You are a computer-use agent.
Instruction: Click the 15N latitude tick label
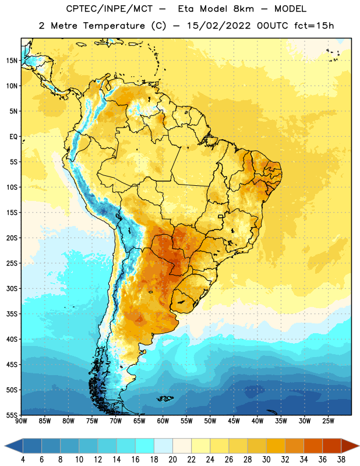pos(12,61)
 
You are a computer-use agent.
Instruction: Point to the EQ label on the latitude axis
pos(13,137)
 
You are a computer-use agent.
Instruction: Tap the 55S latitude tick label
pos(12,415)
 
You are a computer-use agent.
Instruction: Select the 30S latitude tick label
pos(12,288)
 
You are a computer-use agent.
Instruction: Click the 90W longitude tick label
pos(22,421)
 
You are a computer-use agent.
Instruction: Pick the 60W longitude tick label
pos(163,421)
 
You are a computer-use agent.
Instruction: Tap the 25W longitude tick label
pos(328,421)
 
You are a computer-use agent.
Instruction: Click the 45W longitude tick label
pos(234,421)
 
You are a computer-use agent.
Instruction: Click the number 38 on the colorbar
pos(341,460)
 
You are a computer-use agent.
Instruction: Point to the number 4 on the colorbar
pos(23,460)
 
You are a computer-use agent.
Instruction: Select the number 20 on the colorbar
pos(172,460)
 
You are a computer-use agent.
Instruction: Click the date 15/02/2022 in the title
pos(218,26)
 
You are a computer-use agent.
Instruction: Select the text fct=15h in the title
pos(314,26)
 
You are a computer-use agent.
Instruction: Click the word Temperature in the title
pos(114,26)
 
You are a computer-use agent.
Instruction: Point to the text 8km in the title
pos(243,9)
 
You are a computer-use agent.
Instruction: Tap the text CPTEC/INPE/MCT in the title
pos(110,9)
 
